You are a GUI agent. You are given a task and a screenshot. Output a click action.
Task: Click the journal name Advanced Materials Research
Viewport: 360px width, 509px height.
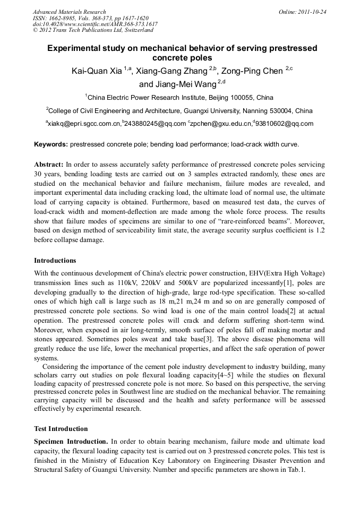click(x=69, y=12)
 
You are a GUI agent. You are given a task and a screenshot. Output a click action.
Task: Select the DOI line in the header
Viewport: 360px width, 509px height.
click(x=95, y=24)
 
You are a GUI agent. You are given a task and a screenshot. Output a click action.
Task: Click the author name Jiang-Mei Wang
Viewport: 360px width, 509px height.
click(x=177, y=84)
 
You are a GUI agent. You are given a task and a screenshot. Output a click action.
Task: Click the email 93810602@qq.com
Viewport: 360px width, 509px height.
click(x=285, y=124)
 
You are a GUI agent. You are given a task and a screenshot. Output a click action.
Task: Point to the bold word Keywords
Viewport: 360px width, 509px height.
click(x=51, y=144)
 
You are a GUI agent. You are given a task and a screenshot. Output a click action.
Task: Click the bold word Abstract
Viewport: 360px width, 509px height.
click(x=48, y=165)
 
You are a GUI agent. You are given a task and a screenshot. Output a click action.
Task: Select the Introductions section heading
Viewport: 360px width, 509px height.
click(x=55, y=261)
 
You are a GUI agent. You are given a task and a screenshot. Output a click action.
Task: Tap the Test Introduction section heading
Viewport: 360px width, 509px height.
click(x=61, y=429)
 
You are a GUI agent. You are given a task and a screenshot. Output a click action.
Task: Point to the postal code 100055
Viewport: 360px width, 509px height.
click(x=242, y=98)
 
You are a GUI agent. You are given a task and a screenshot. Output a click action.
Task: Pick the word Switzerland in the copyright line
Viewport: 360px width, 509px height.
click(x=135, y=31)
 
